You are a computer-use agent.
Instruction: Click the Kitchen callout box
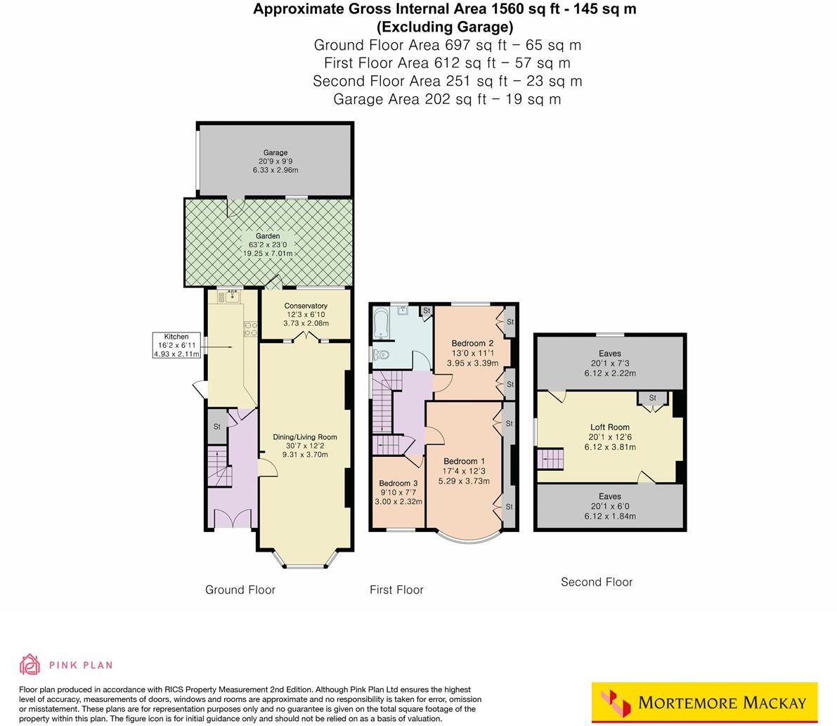tap(176, 345)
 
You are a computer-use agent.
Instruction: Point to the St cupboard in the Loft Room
tap(652, 398)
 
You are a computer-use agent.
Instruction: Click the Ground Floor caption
tap(240, 590)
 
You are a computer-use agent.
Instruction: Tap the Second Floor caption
tap(597, 582)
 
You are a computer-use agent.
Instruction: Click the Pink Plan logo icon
tap(30, 664)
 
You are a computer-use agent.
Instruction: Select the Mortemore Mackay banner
tap(705, 702)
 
